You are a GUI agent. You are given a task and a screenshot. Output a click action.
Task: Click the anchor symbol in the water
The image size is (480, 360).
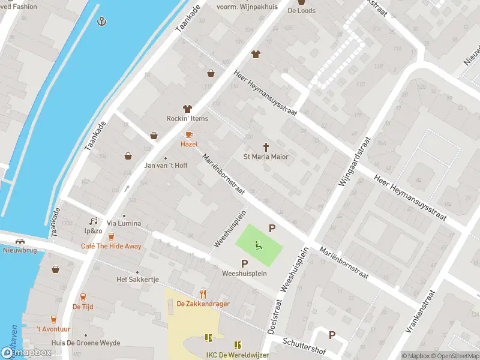pos(102,22)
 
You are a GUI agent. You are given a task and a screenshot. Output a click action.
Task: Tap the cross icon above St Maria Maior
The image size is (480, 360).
pos(266,146)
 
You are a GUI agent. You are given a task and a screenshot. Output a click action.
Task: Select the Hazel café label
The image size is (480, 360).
pos(189,145)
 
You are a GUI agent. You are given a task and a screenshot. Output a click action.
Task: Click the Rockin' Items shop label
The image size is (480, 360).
pos(187,118)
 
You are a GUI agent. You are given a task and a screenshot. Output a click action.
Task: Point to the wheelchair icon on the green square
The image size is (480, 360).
pos(259,245)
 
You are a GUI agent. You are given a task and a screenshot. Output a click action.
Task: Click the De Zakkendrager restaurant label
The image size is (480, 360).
pos(203,304)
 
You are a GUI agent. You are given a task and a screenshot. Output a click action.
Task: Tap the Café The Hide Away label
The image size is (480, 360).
pos(112,247)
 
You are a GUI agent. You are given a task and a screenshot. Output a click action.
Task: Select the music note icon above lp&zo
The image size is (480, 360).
pos(93,221)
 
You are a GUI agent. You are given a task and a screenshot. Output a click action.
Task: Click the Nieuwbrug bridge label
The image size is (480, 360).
pos(16,251)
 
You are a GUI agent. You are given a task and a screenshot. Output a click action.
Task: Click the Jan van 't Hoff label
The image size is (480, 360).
pos(166,166)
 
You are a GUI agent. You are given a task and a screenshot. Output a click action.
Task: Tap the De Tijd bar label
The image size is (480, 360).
pos(82,306)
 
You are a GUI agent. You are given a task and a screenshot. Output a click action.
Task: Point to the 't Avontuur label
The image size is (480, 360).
pos(53,329)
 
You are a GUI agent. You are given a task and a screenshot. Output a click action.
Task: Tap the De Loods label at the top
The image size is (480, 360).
pos(301,10)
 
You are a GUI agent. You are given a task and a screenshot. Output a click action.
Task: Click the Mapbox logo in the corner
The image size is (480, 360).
pos(26,353)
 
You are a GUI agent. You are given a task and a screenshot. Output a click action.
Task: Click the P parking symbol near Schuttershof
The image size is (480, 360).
pos(332,335)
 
